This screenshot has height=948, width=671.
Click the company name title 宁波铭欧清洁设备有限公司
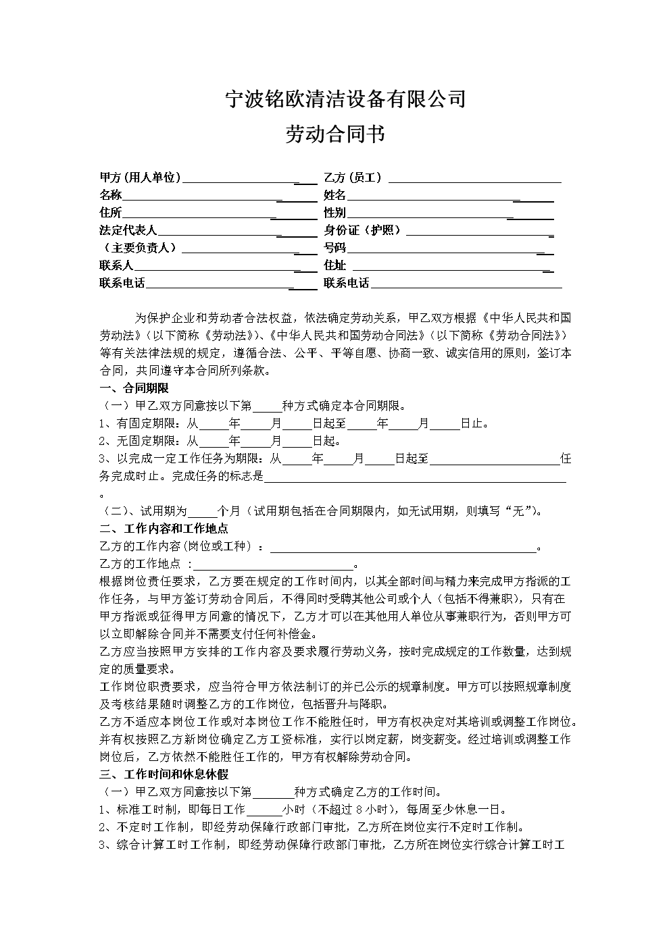[345, 100]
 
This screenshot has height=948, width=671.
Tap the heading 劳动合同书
[335, 134]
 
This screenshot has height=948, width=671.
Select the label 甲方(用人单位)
[140, 178]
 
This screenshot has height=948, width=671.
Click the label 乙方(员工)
[353, 178]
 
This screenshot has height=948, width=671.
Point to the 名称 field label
[111, 195]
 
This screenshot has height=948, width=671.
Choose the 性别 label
[334, 213]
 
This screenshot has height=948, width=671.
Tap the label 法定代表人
[128, 230]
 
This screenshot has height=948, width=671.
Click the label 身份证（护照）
[363, 230]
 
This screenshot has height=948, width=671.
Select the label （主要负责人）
[139, 248]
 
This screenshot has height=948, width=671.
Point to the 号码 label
[334, 248]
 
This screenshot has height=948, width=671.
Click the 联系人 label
[116, 265]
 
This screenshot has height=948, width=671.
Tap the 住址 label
[334, 265]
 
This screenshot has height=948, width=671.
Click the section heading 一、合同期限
[134, 388]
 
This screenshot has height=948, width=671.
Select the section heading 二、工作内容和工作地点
[164, 529]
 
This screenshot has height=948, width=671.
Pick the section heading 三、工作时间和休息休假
[164, 774]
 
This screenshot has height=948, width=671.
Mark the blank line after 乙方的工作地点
[273, 564]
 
